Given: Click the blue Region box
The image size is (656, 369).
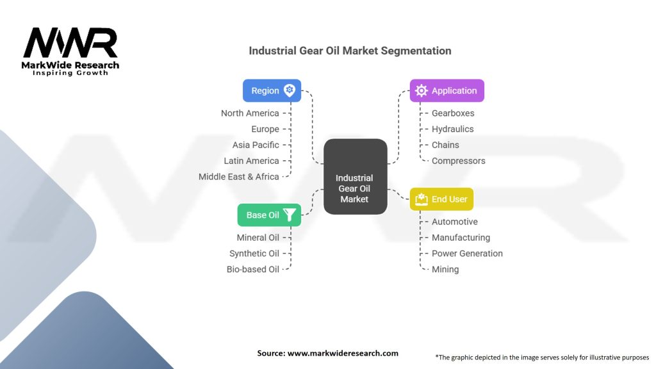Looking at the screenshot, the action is [x=272, y=90].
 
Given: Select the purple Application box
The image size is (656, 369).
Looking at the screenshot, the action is [x=447, y=90].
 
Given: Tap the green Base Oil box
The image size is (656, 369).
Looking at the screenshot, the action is [x=269, y=215].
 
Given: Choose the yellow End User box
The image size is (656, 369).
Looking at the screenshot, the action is [x=441, y=199].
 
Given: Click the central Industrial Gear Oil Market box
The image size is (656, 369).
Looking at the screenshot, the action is [x=355, y=177].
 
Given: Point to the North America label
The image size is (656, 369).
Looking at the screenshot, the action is [x=250, y=113].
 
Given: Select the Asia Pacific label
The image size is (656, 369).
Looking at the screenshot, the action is [x=256, y=145].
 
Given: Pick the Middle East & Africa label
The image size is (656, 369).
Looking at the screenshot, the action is [x=238, y=177].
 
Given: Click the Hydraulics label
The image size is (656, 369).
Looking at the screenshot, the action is [x=453, y=129].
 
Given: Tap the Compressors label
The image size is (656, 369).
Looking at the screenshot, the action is [x=459, y=161].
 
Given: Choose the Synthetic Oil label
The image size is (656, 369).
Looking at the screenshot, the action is [x=254, y=254].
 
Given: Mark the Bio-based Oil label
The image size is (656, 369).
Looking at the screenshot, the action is [x=252, y=270].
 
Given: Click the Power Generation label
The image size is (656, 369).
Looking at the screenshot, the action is [x=467, y=254].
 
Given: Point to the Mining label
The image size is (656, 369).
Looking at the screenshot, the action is [x=445, y=270].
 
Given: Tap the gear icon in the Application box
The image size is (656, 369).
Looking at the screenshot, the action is [x=422, y=90].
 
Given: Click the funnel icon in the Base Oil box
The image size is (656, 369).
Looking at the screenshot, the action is [x=290, y=215].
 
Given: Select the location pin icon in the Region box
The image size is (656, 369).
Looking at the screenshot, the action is [x=290, y=90].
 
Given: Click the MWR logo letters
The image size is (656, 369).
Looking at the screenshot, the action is [x=70, y=43].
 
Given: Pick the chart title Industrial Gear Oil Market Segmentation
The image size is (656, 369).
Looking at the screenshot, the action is [x=350, y=51].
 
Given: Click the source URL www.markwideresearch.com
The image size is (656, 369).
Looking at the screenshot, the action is [x=343, y=353].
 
